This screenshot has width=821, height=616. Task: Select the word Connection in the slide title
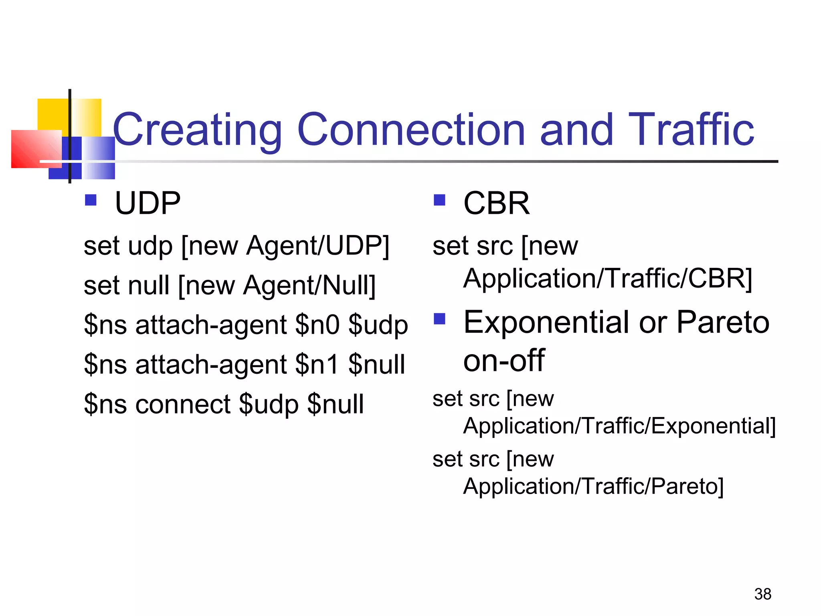pos(411,130)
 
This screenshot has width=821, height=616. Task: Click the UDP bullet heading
pos(148,203)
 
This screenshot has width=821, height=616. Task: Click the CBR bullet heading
pos(496,203)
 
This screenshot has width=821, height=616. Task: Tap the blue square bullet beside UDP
pos(91,200)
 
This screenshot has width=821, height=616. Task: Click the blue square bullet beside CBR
pos(439,200)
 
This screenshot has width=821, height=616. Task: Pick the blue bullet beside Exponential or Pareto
pos(439,319)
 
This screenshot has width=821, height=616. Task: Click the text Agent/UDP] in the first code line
pos(317,245)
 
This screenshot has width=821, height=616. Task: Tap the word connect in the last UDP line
pos(182,404)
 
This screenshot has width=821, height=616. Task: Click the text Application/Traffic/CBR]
pos(608,278)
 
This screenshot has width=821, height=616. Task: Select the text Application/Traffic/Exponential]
pos(619,426)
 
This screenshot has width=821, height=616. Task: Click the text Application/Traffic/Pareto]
pos(593,486)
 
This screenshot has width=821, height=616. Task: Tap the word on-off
pos(504,360)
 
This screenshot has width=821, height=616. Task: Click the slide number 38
pos(762,594)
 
